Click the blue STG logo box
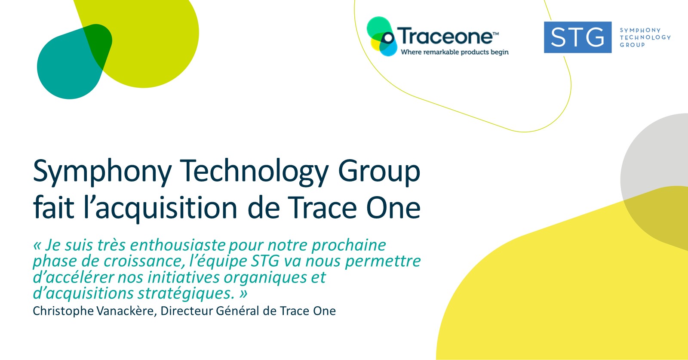pos(578,37)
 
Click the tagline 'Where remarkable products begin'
pos(455,52)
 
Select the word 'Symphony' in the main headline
pos(102,172)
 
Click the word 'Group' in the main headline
pos(379,172)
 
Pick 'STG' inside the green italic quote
pos(265,261)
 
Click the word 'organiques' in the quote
pos(265,278)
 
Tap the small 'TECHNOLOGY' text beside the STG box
pos(645,37)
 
